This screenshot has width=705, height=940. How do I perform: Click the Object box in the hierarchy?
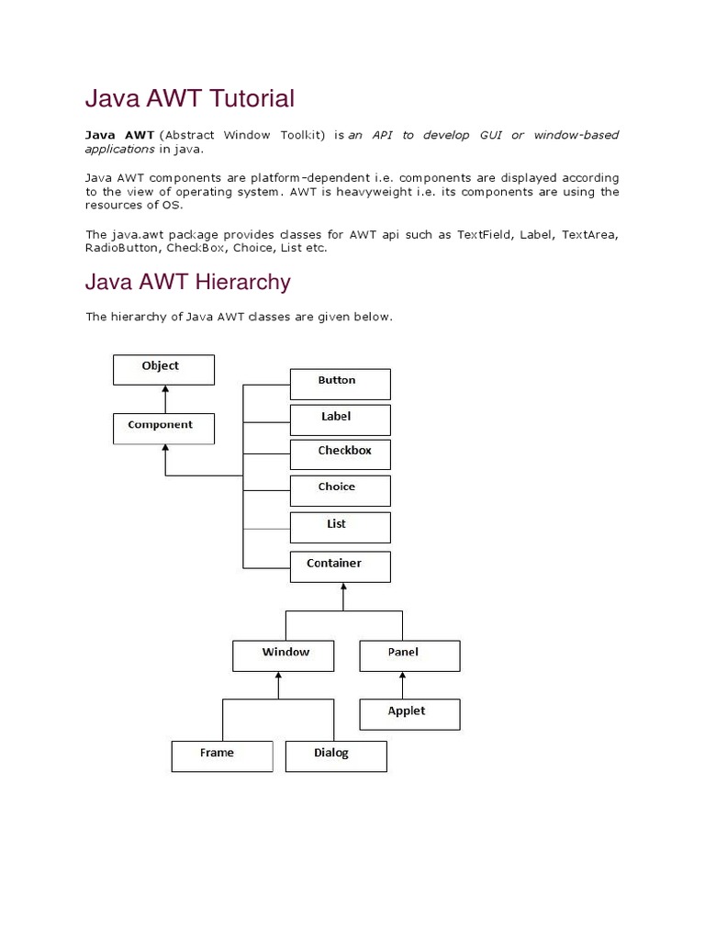(x=163, y=370)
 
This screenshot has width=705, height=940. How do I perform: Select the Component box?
(x=163, y=428)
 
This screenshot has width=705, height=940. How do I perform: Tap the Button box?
(x=340, y=384)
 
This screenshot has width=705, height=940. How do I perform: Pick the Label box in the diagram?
(x=340, y=420)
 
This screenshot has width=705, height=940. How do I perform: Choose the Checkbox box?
(x=340, y=454)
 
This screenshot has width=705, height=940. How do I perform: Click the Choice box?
(x=340, y=490)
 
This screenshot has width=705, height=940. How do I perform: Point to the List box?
(x=340, y=527)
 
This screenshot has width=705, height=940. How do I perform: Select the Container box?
(x=340, y=566)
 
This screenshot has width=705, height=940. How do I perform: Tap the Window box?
(x=285, y=655)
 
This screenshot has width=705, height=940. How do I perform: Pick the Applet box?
(x=408, y=714)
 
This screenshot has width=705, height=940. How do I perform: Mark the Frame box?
(x=221, y=756)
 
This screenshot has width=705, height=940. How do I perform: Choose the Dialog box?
(x=336, y=756)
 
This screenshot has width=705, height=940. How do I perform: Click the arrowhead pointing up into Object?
(x=164, y=389)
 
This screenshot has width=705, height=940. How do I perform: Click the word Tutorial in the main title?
(x=252, y=98)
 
